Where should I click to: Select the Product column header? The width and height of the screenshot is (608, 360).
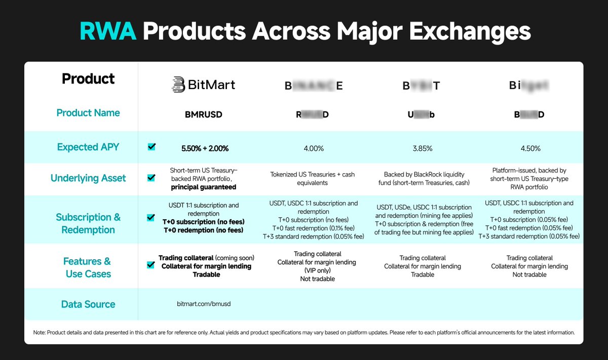click(x=88, y=79)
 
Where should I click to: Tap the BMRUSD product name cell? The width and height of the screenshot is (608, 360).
click(x=203, y=114)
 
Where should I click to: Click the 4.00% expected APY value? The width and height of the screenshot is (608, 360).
click(x=314, y=148)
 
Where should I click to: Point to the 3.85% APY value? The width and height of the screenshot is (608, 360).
click(x=423, y=148)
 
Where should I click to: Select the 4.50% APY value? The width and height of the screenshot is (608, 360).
click(x=530, y=148)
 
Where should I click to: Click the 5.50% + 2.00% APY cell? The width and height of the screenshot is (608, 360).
click(x=205, y=148)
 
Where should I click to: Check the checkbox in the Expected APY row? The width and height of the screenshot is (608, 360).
click(x=151, y=147)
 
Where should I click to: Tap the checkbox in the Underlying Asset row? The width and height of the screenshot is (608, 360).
click(x=151, y=178)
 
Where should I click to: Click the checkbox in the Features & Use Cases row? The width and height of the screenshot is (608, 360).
click(x=151, y=265)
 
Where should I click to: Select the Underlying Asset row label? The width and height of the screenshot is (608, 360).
click(x=88, y=178)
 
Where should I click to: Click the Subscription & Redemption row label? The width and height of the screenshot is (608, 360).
click(x=88, y=223)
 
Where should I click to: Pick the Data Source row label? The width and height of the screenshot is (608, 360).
click(x=88, y=304)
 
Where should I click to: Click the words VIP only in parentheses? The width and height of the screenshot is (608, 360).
click(x=318, y=270)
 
